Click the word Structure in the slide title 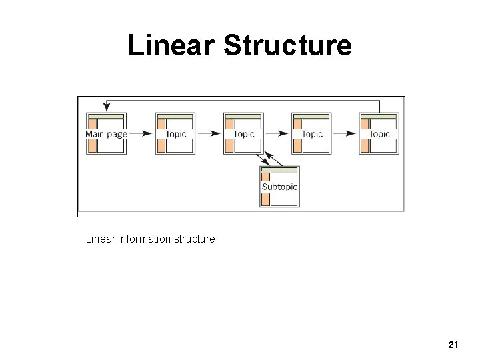pyautogui.click(x=287, y=46)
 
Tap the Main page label pyautogui.click(x=106, y=134)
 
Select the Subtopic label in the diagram pyautogui.click(x=279, y=187)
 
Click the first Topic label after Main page pyautogui.click(x=176, y=134)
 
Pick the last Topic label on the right pyautogui.click(x=379, y=134)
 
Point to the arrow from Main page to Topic pyautogui.click(x=139, y=134)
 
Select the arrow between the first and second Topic pyautogui.click(x=209, y=134)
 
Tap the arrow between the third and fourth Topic pyautogui.click(x=345, y=134)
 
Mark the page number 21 pyautogui.click(x=453, y=345)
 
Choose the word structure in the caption pyautogui.click(x=196, y=238)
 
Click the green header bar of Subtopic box pyautogui.click(x=280, y=170)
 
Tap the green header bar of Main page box pyautogui.click(x=107, y=116)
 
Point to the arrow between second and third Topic pyautogui.click(x=277, y=134)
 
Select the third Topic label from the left pyautogui.click(x=312, y=134)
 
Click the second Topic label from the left pyautogui.click(x=244, y=134)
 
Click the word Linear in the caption pyautogui.click(x=99, y=238)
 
